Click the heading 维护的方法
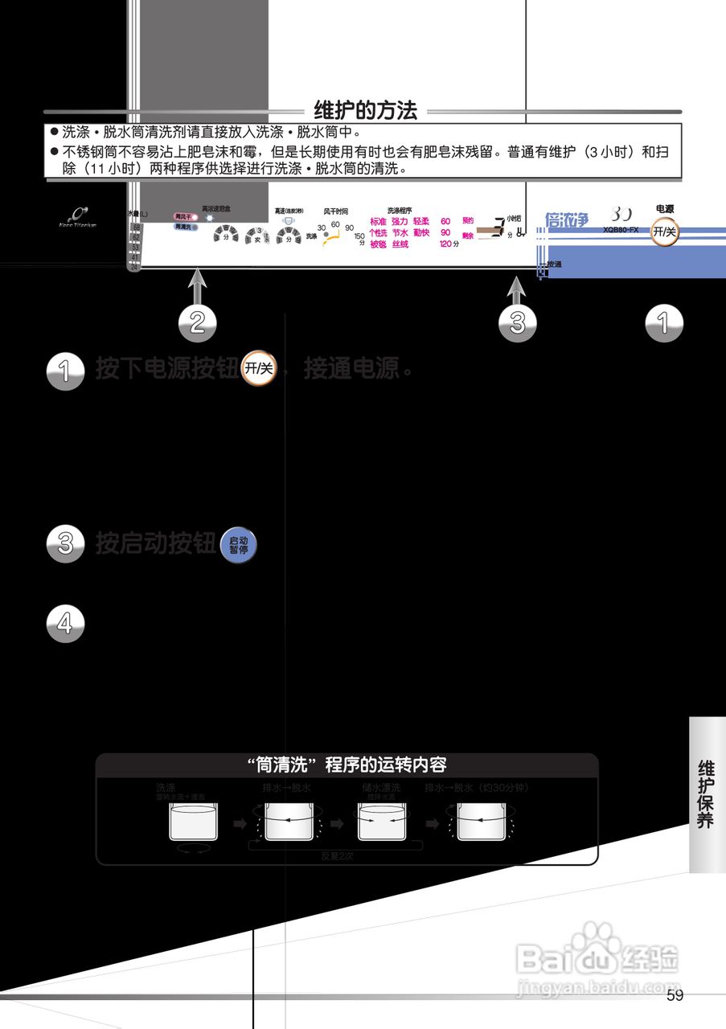366,111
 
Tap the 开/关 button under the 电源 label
664,232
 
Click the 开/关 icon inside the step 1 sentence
259,369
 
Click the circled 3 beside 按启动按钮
66,543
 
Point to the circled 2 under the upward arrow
197,322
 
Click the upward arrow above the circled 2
198,286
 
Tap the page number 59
675,996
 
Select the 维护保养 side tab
706,793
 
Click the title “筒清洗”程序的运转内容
347,764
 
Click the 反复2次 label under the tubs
337,856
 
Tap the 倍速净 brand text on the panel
567,219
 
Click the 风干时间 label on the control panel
336,211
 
